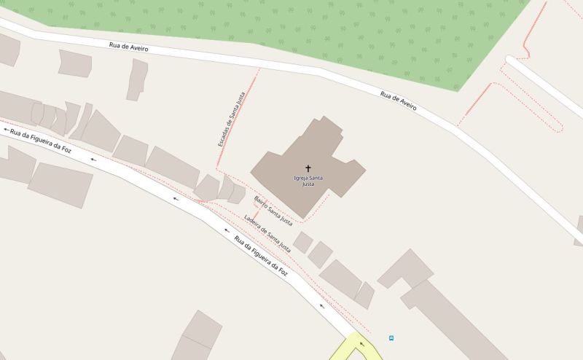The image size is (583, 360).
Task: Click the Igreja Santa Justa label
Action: coord(308,181)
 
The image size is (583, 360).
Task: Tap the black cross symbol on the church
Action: coord(308,168)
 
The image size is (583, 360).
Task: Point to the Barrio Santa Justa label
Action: coord(273,209)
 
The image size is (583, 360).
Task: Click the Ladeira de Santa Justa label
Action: coord(267,233)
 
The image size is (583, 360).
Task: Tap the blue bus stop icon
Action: coord(391,338)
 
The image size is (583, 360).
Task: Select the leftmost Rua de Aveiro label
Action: coord(128,47)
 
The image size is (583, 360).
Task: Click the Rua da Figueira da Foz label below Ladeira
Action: coord(261,256)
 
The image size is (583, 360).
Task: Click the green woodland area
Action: coord(328,33)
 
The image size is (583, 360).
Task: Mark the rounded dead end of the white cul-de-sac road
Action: coord(512,63)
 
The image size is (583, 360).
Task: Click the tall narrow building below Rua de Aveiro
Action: coord(136,79)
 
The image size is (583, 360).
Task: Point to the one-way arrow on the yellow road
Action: coord(359,345)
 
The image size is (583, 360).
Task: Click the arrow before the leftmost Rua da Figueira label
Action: coord(6,130)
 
